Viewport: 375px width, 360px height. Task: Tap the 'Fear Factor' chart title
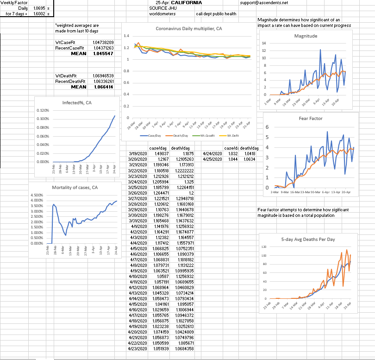click(x=311, y=119)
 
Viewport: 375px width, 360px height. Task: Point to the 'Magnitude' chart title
click(x=306, y=36)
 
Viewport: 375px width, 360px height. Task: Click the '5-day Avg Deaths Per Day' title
click(x=308, y=240)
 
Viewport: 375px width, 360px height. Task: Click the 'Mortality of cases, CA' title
click(x=74, y=187)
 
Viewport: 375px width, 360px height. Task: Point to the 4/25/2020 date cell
click(x=213, y=158)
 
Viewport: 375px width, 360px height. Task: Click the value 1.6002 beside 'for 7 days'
click(x=38, y=14)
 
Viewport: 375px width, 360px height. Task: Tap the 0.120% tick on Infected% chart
click(x=43, y=111)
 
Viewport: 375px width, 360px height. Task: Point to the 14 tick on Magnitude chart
click(x=264, y=43)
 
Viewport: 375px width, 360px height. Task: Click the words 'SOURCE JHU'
click(x=161, y=8)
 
